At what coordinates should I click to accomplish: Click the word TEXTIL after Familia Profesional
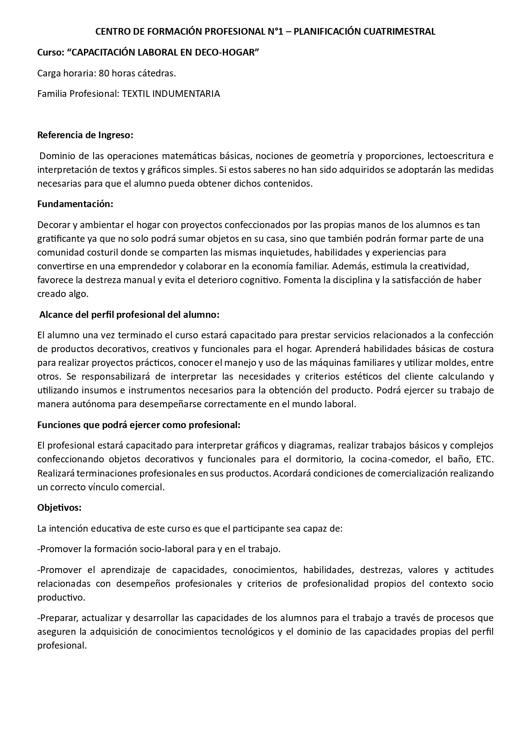[x=136, y=94]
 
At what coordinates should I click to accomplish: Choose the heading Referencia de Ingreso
[x=85, y=135]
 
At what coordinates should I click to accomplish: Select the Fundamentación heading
[x=75, y=204]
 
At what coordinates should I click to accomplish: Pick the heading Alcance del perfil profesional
[x=129, y=315]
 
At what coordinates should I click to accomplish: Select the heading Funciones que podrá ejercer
[x=138, y=425]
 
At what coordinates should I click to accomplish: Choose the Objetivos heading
[x=59, y=507]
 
